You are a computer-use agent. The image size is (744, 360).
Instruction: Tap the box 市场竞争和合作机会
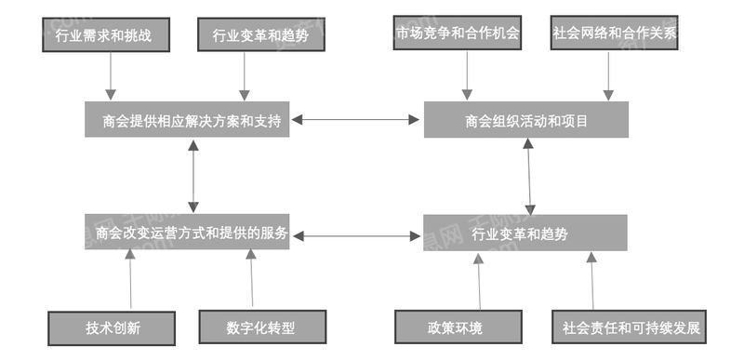click(457, 33)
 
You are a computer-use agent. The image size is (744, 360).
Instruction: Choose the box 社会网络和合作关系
click(615, 33)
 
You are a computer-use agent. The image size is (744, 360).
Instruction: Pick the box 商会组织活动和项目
click(526, 120)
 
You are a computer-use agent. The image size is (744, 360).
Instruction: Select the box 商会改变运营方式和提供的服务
click(185, 232)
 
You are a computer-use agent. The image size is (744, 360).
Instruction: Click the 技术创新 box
click(111, 327)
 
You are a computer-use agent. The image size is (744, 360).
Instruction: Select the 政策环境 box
click(455, 327)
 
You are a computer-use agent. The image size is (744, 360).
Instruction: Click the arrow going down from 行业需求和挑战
click(111, 74)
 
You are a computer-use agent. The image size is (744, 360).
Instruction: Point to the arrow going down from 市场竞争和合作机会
click(465, 74)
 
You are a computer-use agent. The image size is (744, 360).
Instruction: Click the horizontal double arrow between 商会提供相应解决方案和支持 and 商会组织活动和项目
click(356, 119)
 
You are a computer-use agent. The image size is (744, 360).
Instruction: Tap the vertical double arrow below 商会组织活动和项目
click(528, 177)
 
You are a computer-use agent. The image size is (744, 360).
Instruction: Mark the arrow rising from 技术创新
click(129, 279)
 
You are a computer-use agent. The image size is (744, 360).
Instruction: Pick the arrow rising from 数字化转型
click(251, 279)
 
